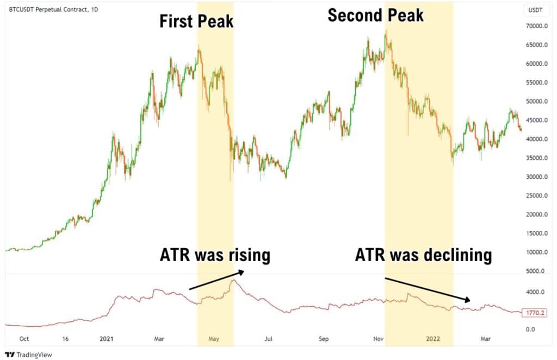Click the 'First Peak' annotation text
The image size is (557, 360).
click(x=196, y=22)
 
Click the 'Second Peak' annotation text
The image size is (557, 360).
click(x=375, y=15)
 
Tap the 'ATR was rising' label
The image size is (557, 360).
click(x=215, y=255)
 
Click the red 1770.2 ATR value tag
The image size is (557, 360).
click(x=534, y=313)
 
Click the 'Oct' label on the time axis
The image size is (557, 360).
click(x=24, y=339)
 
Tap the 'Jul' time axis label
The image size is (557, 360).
click(x=268, y=339)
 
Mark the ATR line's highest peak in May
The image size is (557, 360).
click(x=234, y=280)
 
